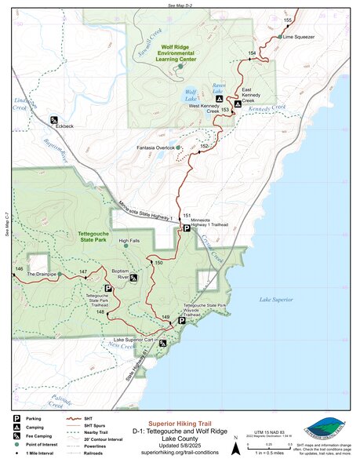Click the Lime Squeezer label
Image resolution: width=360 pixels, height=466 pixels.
[x=299, y=37]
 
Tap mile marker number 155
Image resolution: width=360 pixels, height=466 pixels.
[x=288, y=20]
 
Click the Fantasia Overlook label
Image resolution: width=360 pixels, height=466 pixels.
[x=155, y=147]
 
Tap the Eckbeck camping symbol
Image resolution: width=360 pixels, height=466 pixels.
[x=53, y=120]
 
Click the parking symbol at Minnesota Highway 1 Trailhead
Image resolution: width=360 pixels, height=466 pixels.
[x=186, y=228]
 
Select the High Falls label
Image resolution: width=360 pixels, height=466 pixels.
[x=129, y=240]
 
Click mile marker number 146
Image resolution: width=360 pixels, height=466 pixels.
[x=18, y=269]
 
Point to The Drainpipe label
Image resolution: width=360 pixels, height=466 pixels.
[x=42, y=275]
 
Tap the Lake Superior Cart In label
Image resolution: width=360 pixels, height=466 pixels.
[x=131, y=340]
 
